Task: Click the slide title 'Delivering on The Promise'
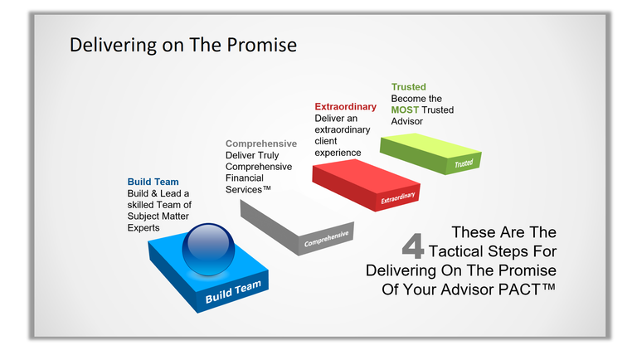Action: tap(182, 44)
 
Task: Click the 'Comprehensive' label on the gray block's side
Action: tap(326, 239)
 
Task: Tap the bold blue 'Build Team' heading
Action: tap(153, 182)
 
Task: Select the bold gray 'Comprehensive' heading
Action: tap(261, 144)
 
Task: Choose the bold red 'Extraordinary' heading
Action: tap(345, 107)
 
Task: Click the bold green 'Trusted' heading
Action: tap(408, 86)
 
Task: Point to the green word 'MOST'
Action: tap(406, 110)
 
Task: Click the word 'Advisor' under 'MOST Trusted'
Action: tap(407, 122)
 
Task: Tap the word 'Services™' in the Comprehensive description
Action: tap(249, 190)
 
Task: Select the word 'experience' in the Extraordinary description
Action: tap(338, 153)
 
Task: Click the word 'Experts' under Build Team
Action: tap(144, 227)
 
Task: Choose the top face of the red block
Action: tap(362, 178)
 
